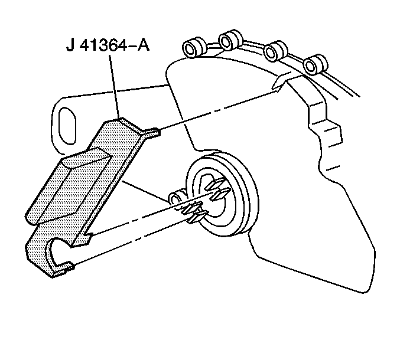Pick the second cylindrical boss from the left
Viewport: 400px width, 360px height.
coord(229,41)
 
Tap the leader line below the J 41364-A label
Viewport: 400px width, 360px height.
coord(115,89)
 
